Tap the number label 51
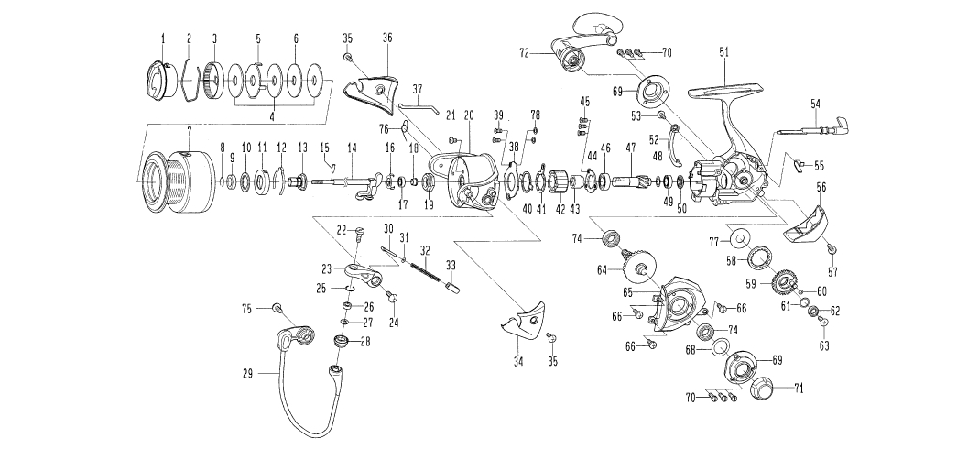point(724,54)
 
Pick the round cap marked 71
point(762,390)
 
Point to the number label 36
point(387,38)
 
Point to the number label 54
point(815,105)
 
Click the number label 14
point(352,147)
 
